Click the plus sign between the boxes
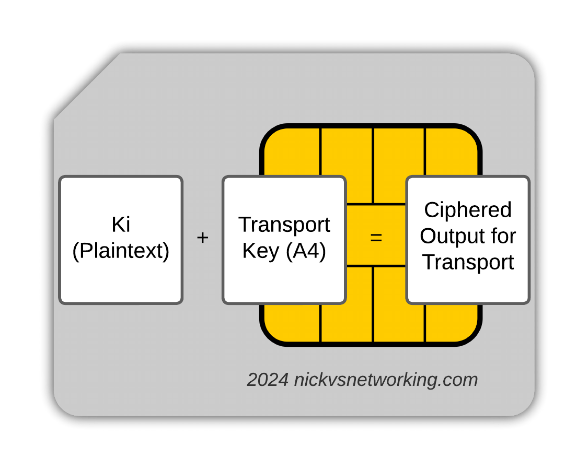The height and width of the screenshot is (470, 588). tap(202, 238)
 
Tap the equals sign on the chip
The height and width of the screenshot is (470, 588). tap(376, 238)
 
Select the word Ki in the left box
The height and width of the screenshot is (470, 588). tap(121, 225)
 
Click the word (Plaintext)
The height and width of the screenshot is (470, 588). tap(121, 251)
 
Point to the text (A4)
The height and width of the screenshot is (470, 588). tap(306, 251)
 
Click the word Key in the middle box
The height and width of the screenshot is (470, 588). tap(261, 251)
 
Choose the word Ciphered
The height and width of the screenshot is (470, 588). tap(468, 210)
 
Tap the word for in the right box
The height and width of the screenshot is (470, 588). tap(502, 236)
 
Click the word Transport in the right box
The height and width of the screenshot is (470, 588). tap(468, 262)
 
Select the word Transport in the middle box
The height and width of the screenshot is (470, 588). tap(284, 225)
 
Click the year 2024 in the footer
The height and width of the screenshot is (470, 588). tap(268, 380)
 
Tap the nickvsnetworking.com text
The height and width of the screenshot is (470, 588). tap(386, 380)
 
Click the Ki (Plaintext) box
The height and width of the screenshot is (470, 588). tap(121, 282)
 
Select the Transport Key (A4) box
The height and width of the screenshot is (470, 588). tap(284, 282)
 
